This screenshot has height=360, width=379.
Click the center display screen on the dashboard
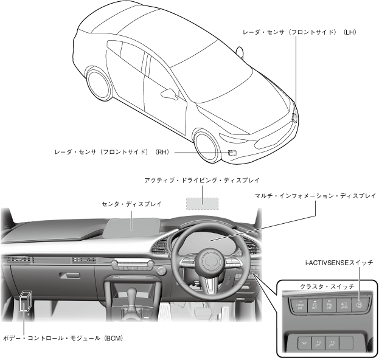133,227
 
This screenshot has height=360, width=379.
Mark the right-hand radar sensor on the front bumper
232,153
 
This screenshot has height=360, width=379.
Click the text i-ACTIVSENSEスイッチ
338,263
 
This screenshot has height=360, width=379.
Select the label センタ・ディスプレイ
131,205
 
